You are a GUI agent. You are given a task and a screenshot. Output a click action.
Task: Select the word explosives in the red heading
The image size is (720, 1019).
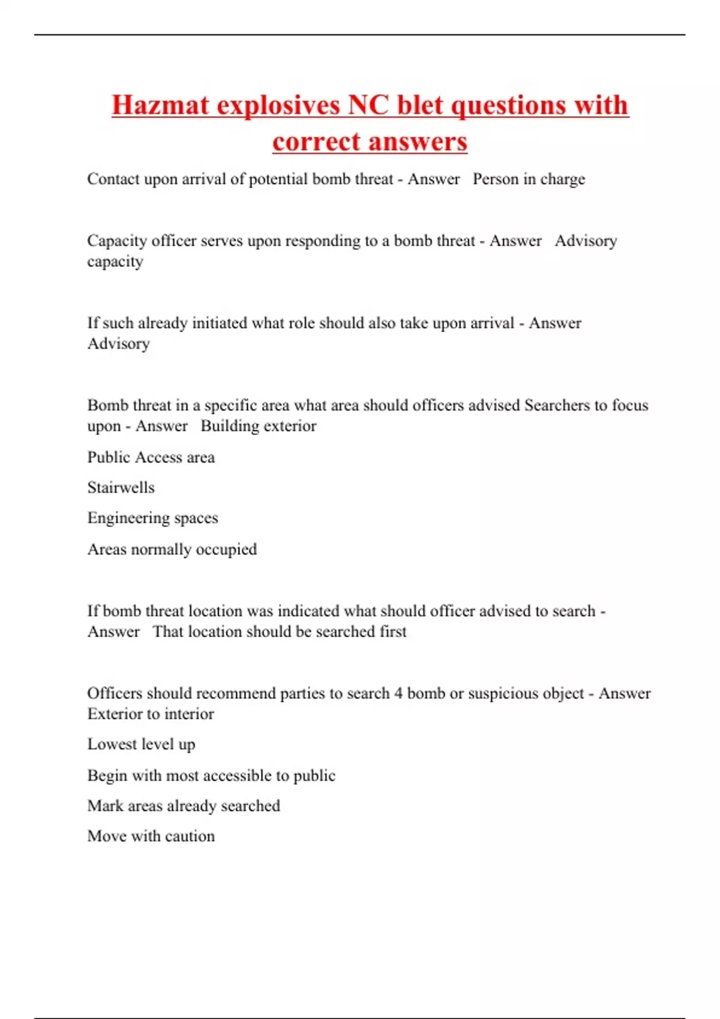pos(278,105)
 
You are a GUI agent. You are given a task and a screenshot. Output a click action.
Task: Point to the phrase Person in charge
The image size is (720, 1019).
pos(529,179)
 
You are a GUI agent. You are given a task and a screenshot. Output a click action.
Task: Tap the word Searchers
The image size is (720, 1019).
pos(557,405)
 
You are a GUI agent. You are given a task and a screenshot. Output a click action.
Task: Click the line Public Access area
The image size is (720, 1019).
pos(151,457)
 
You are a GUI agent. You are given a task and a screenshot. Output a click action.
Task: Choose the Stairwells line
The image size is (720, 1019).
pos(121,487)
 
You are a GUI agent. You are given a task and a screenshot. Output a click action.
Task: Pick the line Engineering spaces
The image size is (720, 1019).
pos(152,518)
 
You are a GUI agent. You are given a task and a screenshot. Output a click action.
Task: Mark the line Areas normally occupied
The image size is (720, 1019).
pos(172,549)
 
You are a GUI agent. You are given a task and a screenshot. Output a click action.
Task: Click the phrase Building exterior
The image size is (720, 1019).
pos(258,426)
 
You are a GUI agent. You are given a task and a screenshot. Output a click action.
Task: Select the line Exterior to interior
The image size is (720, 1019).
pos(151,714)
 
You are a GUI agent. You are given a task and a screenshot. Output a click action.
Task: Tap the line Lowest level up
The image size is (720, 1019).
pos(141,744)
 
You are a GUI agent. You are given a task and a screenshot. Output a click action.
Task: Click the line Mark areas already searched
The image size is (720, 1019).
pos(184,806)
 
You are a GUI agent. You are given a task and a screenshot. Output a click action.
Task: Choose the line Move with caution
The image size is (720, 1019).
pos(151,836)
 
